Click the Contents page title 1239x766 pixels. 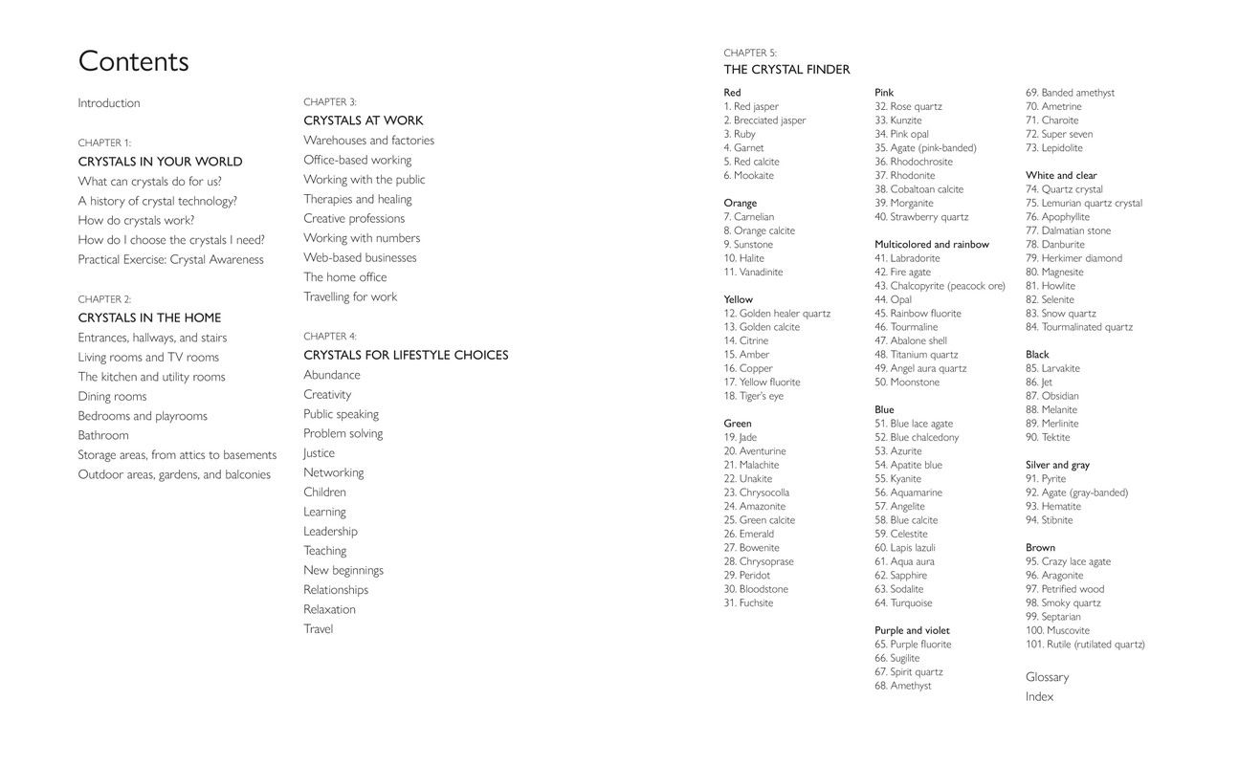click(133, 61)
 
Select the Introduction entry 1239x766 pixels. click(109, 103)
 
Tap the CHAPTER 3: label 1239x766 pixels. click(330, 101)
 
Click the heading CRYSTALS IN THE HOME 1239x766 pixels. click(149, 317)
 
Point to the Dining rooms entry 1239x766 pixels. click(112, 396)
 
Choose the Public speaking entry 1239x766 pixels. click(341, 414)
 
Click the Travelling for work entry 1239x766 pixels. click(350, 296)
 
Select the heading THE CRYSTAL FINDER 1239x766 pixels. click(786, 70)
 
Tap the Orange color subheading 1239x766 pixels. click(740, 203)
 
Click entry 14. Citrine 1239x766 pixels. click(746, 340)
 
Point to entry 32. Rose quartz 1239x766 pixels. click(908, 106)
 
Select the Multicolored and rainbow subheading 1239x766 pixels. click(932, 244)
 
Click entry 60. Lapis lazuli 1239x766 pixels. click(905, 548)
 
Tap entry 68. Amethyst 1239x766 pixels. click(902, 686)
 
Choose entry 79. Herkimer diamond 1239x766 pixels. click(1073, 258)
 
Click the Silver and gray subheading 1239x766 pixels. click(1057, 465)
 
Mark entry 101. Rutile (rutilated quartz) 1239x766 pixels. click(1085, 645)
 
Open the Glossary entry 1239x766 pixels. click(1047, 677)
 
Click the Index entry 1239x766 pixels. click(1039, 697)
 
